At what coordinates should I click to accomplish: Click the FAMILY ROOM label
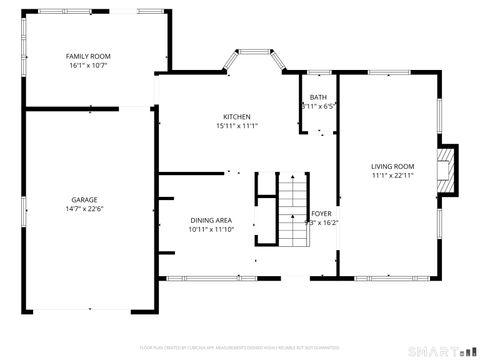[89, 57]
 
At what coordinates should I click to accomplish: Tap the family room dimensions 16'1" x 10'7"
[89, 66]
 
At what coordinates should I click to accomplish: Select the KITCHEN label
[237, 117]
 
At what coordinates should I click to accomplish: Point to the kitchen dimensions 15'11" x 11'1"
[237, 126]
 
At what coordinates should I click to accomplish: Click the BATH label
[317, 97]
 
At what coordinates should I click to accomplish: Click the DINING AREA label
[211, 220]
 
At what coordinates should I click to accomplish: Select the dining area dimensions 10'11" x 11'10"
[211, 229]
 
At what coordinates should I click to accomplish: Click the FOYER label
[321, 214]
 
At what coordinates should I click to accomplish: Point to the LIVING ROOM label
[392, 166]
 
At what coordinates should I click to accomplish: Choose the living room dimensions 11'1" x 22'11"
[392, 175]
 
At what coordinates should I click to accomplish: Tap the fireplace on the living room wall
[451, 168]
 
